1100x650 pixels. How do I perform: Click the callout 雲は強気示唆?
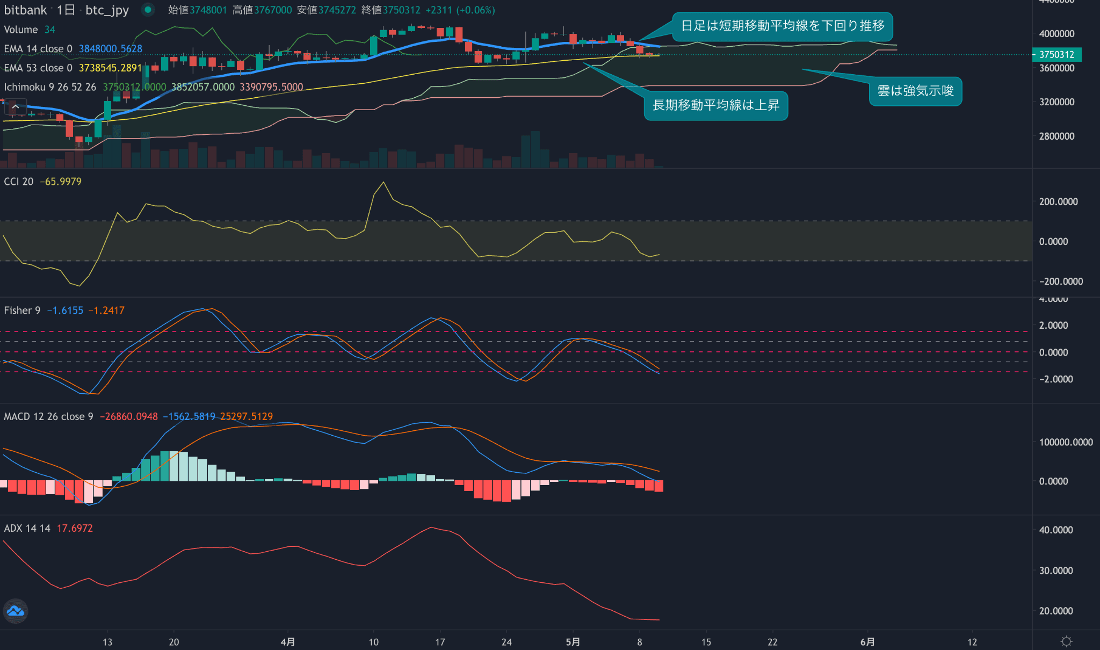[x=915, y=91]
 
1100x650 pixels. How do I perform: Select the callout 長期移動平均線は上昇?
[x=715, y=105]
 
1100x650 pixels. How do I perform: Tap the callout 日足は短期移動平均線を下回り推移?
[x=783, y=26]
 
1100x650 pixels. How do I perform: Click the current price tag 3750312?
[x=1056, y=54]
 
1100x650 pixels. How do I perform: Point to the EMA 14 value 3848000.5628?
[x=111, y=49]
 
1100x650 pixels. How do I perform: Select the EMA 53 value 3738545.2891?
[x=111, y=68]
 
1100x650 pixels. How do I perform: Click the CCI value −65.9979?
[x=61, y=182]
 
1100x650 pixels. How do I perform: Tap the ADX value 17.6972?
[x=75, y=528]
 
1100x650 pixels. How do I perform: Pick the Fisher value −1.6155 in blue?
[x=65, y=310]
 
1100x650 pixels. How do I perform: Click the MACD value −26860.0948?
[x=129, y=416]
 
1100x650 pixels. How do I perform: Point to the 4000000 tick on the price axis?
[x=1056, y=33]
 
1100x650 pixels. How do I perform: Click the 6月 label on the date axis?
[x=867, y=642]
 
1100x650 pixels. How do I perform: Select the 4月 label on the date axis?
[x=288, y=642]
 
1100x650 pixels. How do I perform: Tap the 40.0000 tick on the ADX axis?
[x=1055, y=530]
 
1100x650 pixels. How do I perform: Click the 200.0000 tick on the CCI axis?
[x=1058, y=201]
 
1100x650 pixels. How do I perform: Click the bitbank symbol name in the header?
[x=25, y=10]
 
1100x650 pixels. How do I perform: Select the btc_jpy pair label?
[x=107, y=10]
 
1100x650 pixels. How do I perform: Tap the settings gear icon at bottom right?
[x=1066, y=641]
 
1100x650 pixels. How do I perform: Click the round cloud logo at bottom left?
[x=16, y=611]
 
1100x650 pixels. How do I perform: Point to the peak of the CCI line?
[x=383, y=183]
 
